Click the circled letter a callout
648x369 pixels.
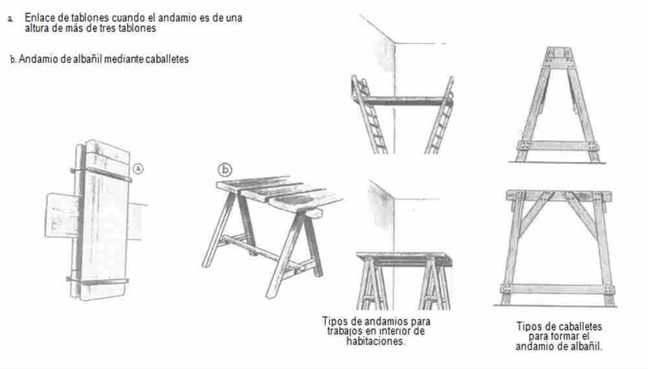tap(139, 169)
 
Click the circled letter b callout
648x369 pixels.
tap(225, 170)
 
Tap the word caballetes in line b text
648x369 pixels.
tap(167, 59)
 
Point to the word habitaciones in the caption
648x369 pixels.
tap(376, 341)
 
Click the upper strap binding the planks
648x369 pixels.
tap(101, 174)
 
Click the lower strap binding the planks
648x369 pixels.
tap(98, 281)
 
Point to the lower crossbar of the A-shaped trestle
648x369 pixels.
tap(558, 146)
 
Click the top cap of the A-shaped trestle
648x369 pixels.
tap(560, 53)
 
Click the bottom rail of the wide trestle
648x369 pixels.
tap(558, 289)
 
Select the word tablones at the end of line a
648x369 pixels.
tap(137, 28)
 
